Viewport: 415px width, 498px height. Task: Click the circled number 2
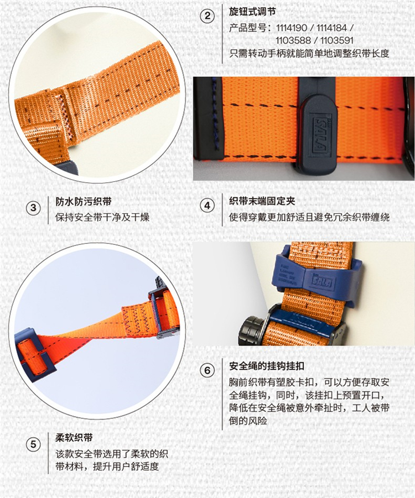(207, 15)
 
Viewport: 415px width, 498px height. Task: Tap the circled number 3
(33, 208)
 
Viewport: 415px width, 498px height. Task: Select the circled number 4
(207, 206)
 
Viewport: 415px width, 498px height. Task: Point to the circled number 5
(33, 444)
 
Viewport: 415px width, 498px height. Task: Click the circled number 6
(207, 370)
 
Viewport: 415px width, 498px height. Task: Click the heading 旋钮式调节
(252, 12)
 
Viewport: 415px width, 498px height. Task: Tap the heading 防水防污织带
(84, 201)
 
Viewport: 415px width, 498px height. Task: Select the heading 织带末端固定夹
(262, 201)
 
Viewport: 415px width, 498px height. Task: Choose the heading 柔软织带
(74, 438)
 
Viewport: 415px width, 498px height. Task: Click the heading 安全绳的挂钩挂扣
(267, 366)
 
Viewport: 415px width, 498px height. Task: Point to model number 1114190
(292, 28)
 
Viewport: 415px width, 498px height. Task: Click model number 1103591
(337, 41)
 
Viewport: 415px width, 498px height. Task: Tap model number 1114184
(331, 28)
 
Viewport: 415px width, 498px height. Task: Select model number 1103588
(293, 41)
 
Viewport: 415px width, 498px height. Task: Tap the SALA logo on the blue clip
(323, 282)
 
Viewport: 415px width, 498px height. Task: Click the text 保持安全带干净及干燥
(102, 217)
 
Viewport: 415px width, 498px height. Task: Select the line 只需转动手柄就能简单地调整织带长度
(309, 53)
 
